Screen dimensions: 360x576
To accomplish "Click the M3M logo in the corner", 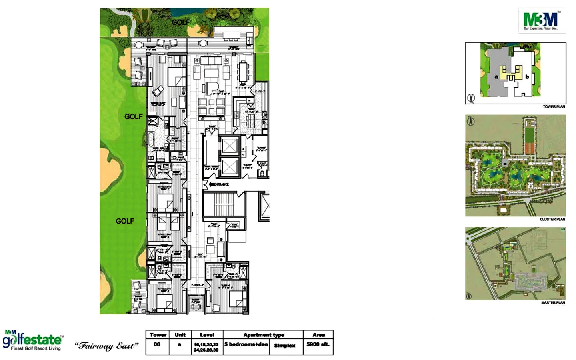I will [542, 20].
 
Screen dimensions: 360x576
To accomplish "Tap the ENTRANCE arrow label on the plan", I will [219, 184].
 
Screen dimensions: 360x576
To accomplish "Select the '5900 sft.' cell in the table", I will [318, 344].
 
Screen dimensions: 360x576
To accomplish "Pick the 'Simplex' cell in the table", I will [284, 345].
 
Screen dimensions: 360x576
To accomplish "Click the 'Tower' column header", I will [158, 335].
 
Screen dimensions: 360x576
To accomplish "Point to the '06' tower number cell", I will [157, 344].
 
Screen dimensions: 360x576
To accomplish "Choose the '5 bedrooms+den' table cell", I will [246, 344].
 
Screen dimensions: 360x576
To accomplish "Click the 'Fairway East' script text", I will [107, 346].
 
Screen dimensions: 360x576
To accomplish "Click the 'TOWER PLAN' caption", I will [554, 107].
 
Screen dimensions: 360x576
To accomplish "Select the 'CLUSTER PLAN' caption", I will [552, 219].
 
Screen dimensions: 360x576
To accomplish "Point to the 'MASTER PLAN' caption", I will [553, 303].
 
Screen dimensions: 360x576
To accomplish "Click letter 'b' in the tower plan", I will [527, 77].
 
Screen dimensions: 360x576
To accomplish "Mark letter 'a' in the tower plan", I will [496, 77].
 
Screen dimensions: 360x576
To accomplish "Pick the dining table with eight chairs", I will [243, 72].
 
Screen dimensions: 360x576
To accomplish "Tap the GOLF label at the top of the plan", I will [180, 22].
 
